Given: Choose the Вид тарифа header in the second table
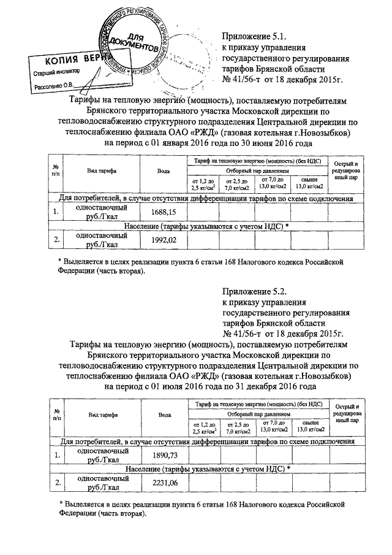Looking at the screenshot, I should coord(102,415).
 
